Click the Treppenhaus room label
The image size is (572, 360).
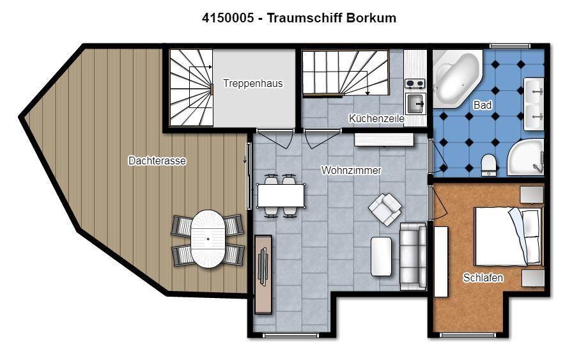coord(253,83)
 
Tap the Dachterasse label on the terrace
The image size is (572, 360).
coord(157,160)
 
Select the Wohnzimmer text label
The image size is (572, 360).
coord(351,170)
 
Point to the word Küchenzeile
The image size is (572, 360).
coord(376,118)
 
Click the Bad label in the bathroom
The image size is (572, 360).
coord(483,105)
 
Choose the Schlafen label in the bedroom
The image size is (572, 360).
coord(483,278)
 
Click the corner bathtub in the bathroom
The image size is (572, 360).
coord(457,79)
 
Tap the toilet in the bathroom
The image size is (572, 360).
coord(488,164)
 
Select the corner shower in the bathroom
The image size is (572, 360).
coord(526,157)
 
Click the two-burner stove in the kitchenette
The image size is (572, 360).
coord(415,84)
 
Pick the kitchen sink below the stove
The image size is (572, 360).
coord(415,104)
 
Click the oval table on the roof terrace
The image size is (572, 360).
coord(208,239)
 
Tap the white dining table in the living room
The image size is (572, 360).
coord(281,196)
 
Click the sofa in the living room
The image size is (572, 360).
coord(413,256)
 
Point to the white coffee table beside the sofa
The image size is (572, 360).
coord(381,256)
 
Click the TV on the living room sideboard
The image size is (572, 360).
coord(263,266)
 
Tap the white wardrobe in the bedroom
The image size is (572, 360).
coord(441,262)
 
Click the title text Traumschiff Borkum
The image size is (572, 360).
coord(332,18)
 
